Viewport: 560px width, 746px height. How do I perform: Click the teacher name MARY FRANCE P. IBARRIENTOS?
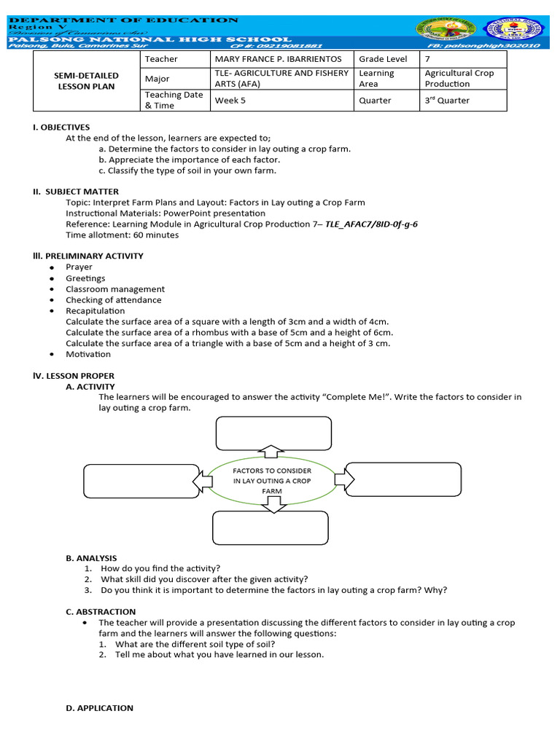pyautogui.click(x=277, y=59)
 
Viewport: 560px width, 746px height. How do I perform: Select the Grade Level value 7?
pyautogui.click(x=428, y=59)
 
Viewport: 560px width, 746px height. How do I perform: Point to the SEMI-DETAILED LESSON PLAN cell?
pyautogui.click(x=86, y=81)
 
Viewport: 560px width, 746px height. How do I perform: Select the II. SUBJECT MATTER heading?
pyautogui.click(x=70, y=192)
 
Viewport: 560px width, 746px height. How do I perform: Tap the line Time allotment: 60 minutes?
pyautogui.click(x=122, y=235)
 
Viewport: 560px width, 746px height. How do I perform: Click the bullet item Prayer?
pyautogui.click(x=79, y=267)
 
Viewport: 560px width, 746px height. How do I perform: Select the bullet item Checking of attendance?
pyautogui.click(x=113, y=300)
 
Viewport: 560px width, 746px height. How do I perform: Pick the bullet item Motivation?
pyautogui.click(x=88, y=354)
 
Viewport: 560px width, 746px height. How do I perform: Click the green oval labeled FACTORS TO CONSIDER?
pyautogui.click(x=272, y=481)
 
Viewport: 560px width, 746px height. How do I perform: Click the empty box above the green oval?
pyautogui.click(x=273, y=433)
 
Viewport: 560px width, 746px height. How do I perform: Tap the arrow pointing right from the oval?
pyautogui.click(x=344, y=479)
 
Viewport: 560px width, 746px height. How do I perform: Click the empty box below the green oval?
pyautogui.click(x=271, y=528)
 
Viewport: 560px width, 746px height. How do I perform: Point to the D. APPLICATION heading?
pyautogui.click(x=100, y=708)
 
